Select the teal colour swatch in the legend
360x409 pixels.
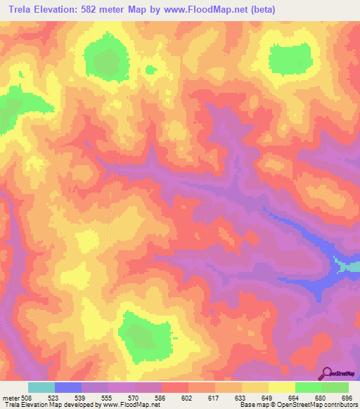(41, 387)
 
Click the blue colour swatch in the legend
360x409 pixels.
(67, 387)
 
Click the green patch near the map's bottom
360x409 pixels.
(144, 335)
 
